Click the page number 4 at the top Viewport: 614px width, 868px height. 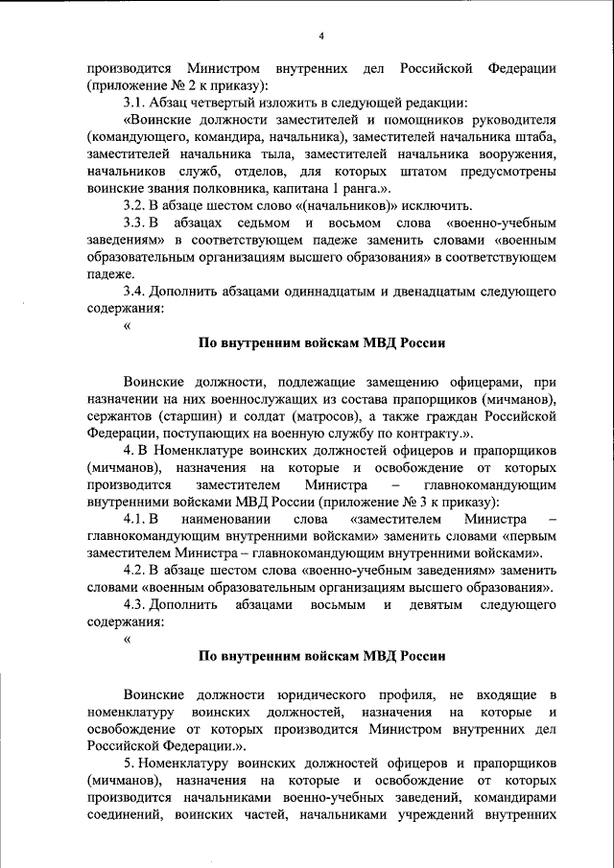pyautogui.click(x=321, y=35)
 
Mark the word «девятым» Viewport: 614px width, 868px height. pyautogui.click(x=433, y=605)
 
